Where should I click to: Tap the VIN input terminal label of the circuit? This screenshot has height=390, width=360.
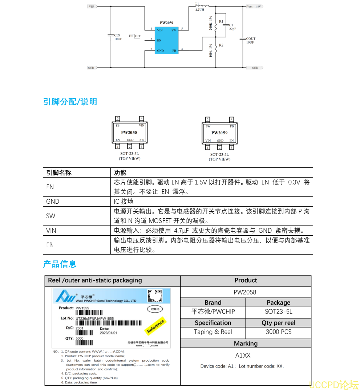pyautogui.click(x=92, y=7)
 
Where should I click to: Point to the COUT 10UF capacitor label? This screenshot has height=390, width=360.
pyautogui.click(x=250, y=40)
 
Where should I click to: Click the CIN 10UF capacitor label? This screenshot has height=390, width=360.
pyautogui.click(x=118, y=37)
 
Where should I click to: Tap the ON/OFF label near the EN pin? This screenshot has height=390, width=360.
pyautogui.click(x=135, y=36)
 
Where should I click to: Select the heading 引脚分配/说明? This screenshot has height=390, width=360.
pyautogui.click(x=70, y=102)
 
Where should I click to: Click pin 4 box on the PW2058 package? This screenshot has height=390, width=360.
pyautogui.click(x=142, y=118)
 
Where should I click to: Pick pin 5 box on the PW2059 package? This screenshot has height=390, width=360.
pyautogui.click(x=207, y=119)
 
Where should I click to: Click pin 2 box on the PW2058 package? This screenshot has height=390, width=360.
pyautogui.click(x=130, y=146)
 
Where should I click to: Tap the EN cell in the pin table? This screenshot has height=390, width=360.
pyautogui.click(x=50, y=187)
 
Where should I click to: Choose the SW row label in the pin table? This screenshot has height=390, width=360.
pyautogui.click(x=51, y=216)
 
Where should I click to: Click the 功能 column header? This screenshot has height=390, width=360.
pyautogui.click(x=120, y=173)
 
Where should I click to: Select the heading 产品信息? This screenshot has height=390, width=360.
pyautogui.click(x=60, y=264)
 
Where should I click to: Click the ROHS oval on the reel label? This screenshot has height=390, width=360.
pyautogui.click(x=155, y=309)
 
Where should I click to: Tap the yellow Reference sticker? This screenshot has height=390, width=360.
pyautogui.click(x=155, y=326)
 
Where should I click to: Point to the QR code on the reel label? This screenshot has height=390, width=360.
pyautogui.click(x=155, y=296)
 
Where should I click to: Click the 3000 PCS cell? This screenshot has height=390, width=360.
pyautogui.click(x=278, y=332)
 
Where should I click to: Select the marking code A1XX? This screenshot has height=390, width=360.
pyautogui.click(x=243, y=356)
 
